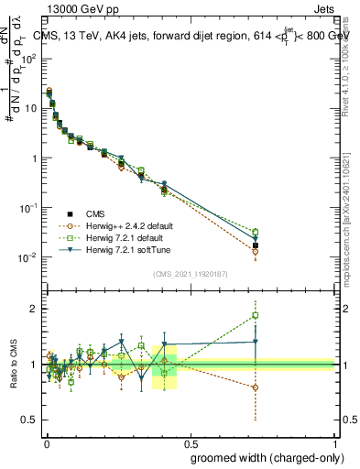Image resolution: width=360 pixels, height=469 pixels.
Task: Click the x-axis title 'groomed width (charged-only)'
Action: pyautogui.click(x=262, y=457)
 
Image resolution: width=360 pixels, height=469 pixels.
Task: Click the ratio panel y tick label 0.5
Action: pyautogui.click(x=30, y=420)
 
